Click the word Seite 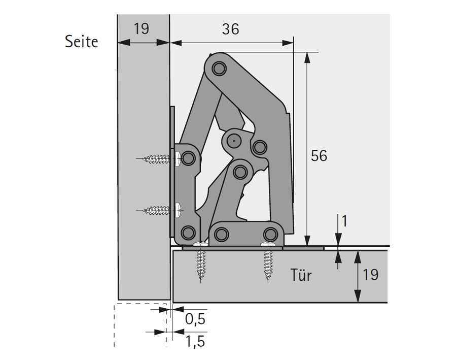pos(82,42)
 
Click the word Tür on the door pos(301,275)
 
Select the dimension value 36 pos(231,29)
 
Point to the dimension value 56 pos(319,155)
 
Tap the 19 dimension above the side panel pos(142,28)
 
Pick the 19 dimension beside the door pos(370,274)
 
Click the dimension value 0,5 pos(195,319)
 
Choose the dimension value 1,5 pos(195,341)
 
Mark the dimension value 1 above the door pos(344,221)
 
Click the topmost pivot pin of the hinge pos(219,69)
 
